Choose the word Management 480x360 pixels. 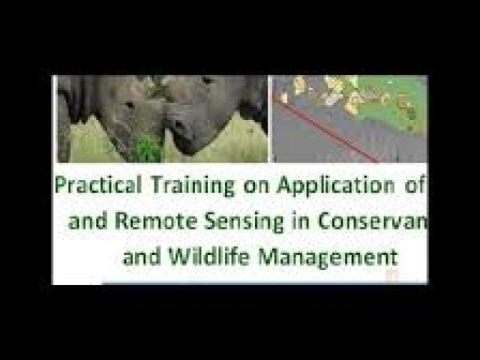[328, 256]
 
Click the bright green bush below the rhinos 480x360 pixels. [148, 149]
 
